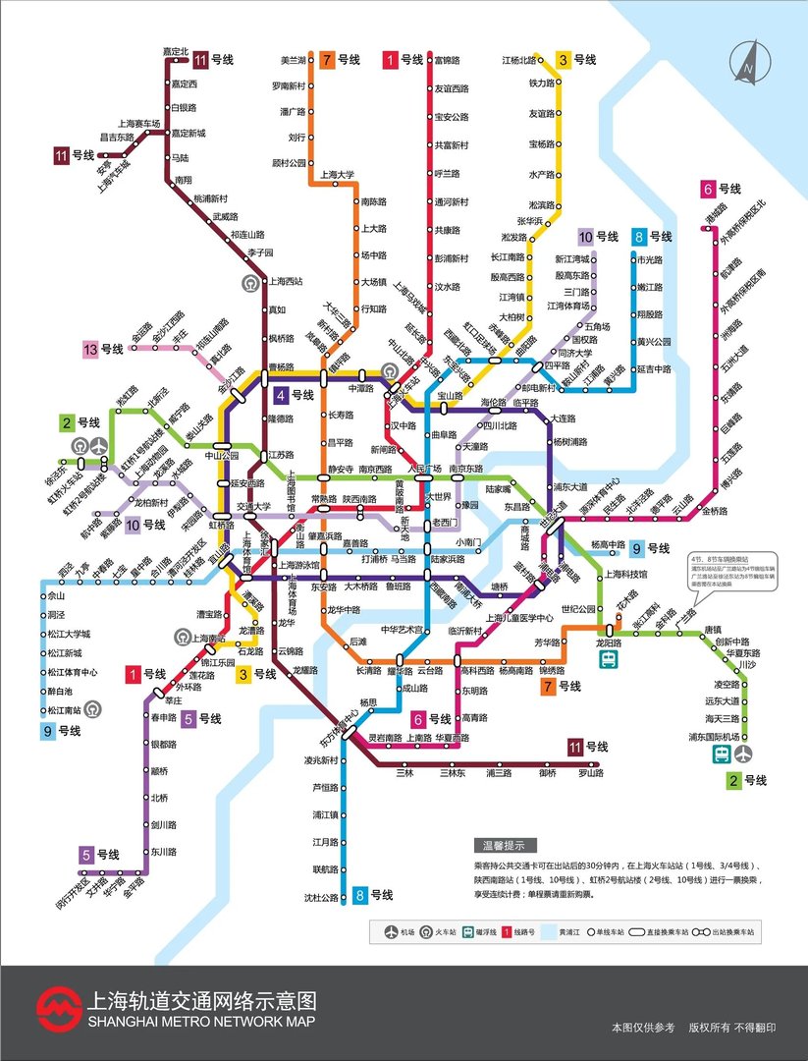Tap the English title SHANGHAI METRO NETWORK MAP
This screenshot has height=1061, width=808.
(201, 1023)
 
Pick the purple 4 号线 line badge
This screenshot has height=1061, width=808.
(294, 396)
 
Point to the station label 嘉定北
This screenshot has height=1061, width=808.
(174, 51)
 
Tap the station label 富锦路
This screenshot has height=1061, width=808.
(448, 60)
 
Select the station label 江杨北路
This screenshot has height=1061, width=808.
(519, 60)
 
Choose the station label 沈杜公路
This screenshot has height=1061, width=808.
(319, 897)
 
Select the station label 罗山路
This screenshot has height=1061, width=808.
(589, 773)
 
